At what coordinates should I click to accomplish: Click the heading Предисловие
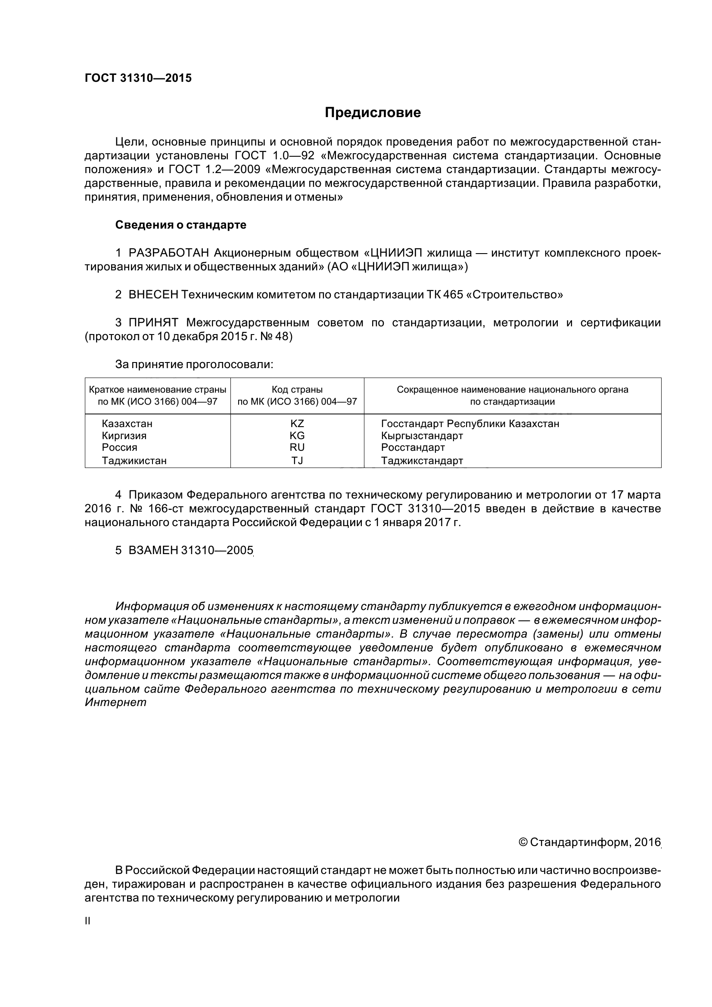point(373,113)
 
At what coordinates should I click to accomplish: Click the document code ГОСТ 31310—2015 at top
point(138,78)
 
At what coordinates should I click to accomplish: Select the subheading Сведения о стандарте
point(180,225)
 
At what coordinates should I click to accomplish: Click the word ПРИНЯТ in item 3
point(153,323)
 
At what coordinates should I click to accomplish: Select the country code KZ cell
point(297,424)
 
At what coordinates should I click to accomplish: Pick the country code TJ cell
point(297,461)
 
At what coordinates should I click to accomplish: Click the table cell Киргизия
point(124,436)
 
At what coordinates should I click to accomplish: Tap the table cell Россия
point(119,447)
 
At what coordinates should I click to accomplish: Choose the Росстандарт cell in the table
point(413,447)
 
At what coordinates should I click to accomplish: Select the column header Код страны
point(297,390)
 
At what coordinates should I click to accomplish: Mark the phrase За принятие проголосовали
point(194,365)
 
